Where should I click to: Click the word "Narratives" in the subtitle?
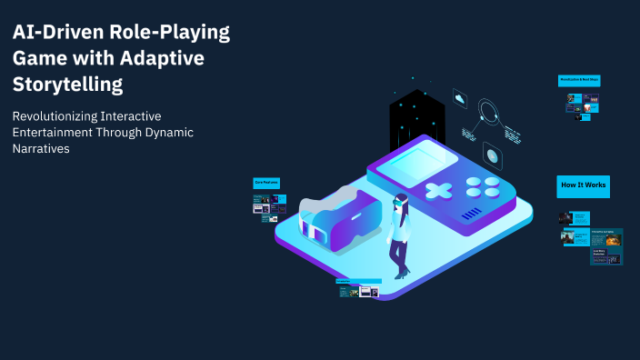click(42, 149)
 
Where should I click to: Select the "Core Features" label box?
click(266, 183)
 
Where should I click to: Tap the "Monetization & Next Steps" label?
click(578, 80)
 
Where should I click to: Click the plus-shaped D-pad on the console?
click(440, 192)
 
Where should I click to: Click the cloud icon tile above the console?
click(461, 100)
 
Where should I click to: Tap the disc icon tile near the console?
click(493, 155)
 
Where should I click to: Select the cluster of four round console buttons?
click(483, 186)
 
